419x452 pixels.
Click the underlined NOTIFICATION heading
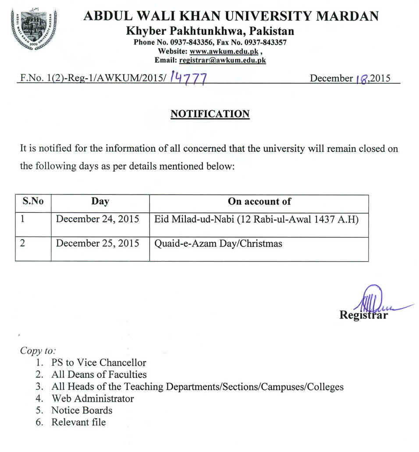click(x=210, y=114)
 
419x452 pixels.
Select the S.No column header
click(x=33, y=201)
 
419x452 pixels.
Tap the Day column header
click(x=100, y=201)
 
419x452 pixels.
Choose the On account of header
click(x=259, y=201)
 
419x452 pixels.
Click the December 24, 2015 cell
click(x=97, y=219)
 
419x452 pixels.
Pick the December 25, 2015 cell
click(x=97, y=243)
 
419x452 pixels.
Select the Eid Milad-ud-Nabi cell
click(x=256, y=219)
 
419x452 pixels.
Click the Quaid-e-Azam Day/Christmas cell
click(x=218, y=243)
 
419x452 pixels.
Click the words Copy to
click(x=38, y=351)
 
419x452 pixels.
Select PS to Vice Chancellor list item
click(x=99, y=363)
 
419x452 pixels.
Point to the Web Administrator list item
click(x=92, y=399)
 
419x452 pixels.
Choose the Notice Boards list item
click(x=82, y=410)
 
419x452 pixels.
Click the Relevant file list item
click(x=78, y=422)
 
